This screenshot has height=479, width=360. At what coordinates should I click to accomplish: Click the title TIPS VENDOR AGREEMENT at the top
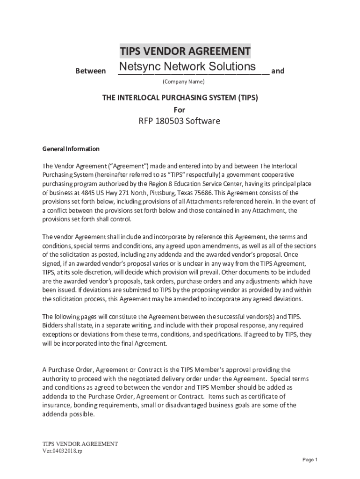(x=185, y=51)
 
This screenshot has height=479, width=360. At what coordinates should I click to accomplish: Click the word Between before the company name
(x=90, y=71)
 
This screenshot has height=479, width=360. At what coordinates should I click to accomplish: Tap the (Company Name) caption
(x=184, y=82)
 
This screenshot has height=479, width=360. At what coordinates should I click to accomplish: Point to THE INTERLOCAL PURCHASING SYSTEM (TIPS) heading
(x=180, y=98)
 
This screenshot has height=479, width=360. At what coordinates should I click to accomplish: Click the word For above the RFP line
(x=180, y=110)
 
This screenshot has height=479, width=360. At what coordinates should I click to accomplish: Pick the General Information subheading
(x=71, y=149)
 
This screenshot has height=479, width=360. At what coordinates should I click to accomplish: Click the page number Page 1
(x=310, y=460)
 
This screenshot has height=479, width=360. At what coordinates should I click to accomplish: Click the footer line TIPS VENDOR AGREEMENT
(x=80, y=443)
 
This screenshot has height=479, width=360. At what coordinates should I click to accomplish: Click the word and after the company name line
(x=278, y=71)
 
